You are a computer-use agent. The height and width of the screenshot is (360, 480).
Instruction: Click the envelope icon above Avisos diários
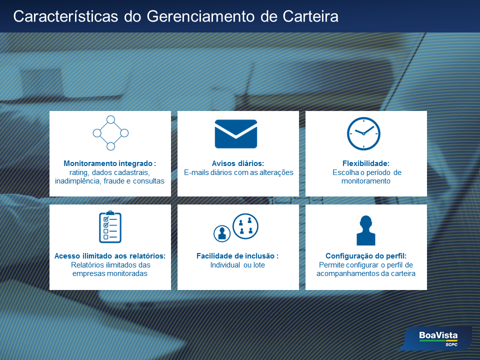pyautogui.click(x=235, y=134)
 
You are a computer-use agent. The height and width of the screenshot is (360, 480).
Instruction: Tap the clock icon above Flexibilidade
pyautogui.click(x=363, y=134)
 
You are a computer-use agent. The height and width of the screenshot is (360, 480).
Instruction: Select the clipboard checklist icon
pyautogui.click(x=110, y=227)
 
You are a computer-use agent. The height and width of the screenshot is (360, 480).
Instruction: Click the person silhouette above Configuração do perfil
pyautogui.click(x=366, y=230)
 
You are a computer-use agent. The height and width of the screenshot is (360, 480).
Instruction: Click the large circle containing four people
pyautogui.click(x=245, y=226)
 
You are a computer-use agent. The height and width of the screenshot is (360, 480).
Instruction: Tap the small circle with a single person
pyautogui.click(x=222, y=233)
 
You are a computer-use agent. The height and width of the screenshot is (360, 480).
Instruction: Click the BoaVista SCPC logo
pyautogui.click(x=438, y=338)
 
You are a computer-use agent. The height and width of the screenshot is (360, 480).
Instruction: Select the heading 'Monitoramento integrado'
pyautogui.click(x=108, y=163)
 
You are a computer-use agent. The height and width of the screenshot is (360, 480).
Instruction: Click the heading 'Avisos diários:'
pyautogui.click(x=238, y=163)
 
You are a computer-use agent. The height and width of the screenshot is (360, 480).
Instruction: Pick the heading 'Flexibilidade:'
pyautogui.click(x=366, y=163)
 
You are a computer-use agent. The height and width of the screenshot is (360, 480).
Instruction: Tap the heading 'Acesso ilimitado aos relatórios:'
pyautogui.click(x=110, y=256)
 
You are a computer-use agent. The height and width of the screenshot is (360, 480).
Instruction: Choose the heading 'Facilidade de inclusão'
pyautogui.click(x=235, y=256)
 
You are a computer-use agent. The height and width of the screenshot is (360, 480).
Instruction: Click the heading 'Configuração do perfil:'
pyautogui.click(x=366, y=256)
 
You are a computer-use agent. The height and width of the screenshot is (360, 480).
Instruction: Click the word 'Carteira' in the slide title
pyautogui.click(x=310, y=16)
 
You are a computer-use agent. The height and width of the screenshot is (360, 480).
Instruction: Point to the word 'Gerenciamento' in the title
pyautogui.click(x=200, y=16)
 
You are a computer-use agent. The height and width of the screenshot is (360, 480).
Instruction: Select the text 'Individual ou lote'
pyautogui.click(x=237, y=265)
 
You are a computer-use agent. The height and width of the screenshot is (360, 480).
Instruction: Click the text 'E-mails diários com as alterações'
pyautogui.click(x=238, y=172)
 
